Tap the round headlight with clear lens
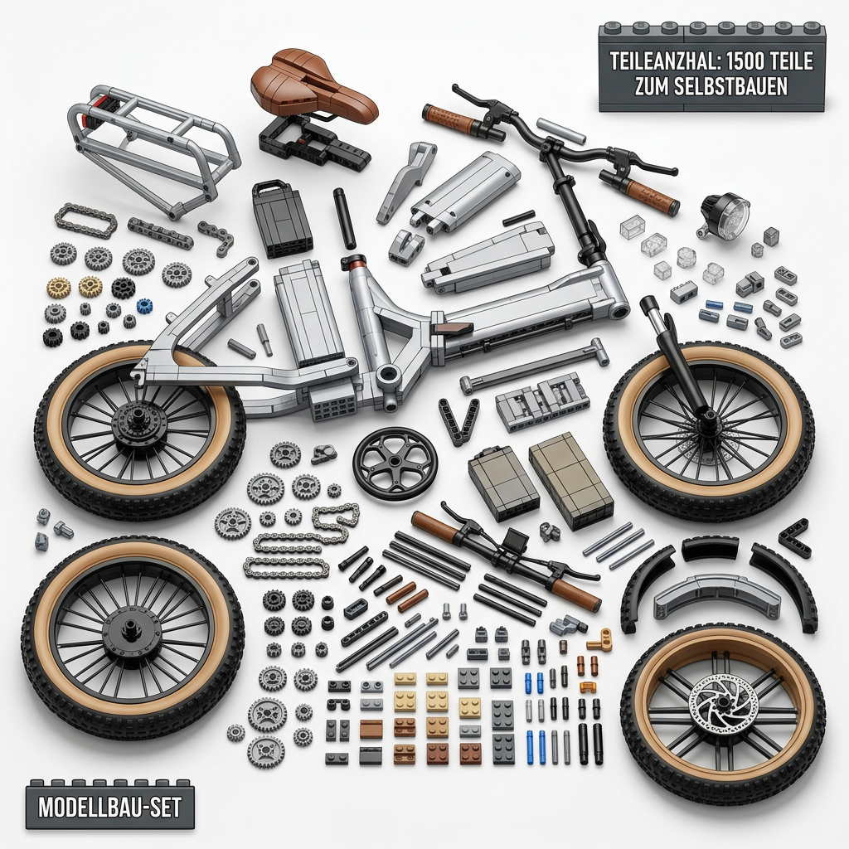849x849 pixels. (726, 215)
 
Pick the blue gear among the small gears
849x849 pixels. (143, 305)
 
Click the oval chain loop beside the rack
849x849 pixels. (86, 221)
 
